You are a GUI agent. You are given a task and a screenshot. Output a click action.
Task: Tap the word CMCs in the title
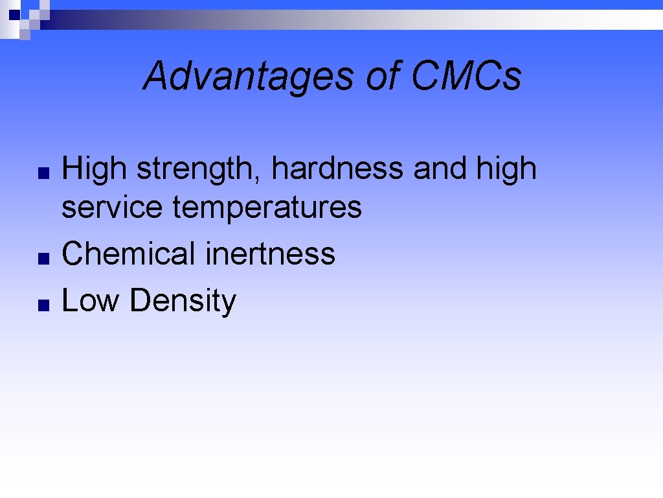[x=466, y=76]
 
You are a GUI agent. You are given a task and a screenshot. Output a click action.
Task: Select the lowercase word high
[x=507, y=170]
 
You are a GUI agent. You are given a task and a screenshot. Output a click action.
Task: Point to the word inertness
[x=270, y=253]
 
